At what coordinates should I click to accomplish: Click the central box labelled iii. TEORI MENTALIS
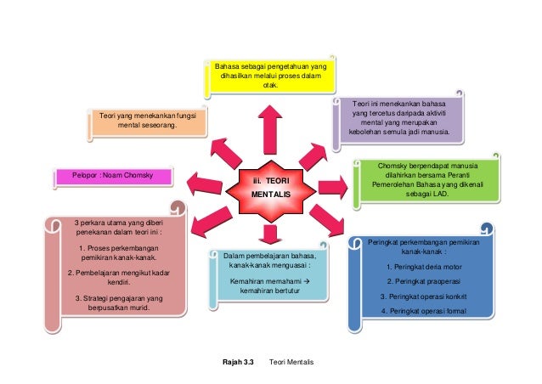click(x=270, y=188)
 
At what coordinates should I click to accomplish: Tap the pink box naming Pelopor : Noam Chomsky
click(x=111, y=177)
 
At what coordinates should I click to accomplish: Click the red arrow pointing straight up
click(x=270, y=127)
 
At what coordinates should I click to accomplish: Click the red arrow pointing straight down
click(x=271, y=234)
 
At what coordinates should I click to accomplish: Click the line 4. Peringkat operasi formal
click(x=421, y=310)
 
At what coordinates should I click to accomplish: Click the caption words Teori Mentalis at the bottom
click(x=291, y=363)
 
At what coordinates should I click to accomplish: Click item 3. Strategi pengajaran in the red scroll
click(x=118, y=302)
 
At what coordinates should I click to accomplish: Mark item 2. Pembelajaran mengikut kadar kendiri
click(x=117, y=277)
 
